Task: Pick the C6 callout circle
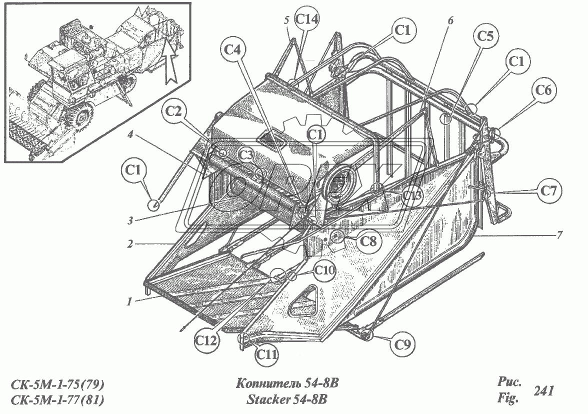pos(544,90)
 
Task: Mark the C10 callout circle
pos(324,270)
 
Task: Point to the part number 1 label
pos(129,301)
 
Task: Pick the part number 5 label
pos(286,22)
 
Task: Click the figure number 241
pos(543,391)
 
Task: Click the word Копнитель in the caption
pos(266,384)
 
